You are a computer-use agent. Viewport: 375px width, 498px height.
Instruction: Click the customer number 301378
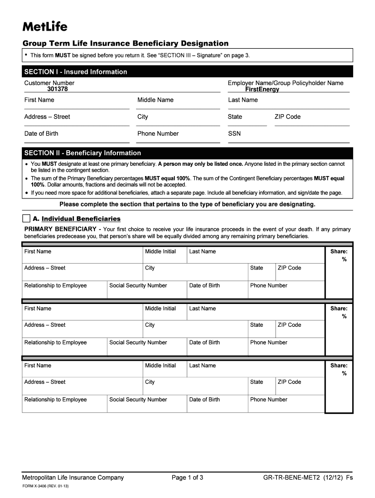pos(57,89)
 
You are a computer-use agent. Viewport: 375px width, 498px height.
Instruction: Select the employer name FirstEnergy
pos(262,89)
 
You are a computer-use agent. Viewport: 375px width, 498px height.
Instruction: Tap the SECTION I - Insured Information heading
pos(75,72)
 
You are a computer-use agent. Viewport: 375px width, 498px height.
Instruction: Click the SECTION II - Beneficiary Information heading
pos(82,153)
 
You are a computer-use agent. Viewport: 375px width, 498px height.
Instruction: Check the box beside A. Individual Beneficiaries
pos(26,218)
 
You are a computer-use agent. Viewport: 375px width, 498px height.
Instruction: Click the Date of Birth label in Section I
pos(41,134)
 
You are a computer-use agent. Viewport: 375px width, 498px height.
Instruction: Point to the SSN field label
pos(234,134)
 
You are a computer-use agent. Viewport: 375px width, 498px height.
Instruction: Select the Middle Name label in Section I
pos(155,100)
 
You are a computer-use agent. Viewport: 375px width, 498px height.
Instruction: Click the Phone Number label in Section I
pos(158,134)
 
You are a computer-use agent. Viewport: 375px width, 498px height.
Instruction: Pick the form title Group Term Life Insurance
pos(126,43)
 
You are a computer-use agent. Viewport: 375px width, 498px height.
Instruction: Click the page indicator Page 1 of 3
pos(187,478)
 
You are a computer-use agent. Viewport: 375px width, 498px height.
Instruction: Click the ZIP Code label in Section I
pos(287,117)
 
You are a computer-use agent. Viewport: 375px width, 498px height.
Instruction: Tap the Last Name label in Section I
pos(243,100)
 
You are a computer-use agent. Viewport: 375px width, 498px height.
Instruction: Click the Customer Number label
pos(49,83)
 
